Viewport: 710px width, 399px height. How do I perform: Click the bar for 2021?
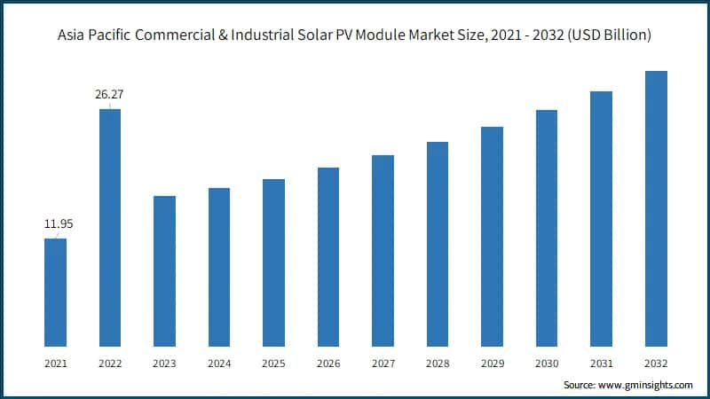(55, 292)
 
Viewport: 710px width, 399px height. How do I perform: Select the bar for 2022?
(110, 227)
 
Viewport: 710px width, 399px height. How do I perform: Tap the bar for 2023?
(164, 270)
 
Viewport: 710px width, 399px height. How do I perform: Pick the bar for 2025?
(273, 262)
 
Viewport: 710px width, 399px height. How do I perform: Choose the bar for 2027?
(383, 250)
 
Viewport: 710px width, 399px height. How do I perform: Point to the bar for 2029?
(492, 236)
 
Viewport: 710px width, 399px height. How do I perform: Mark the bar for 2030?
(547, 228)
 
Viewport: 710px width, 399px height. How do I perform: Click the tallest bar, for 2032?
(656, 208)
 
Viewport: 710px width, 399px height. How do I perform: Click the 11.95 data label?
(59, 225)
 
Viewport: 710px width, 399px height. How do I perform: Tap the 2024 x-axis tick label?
(219, 364)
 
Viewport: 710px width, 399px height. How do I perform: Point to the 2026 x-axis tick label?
(328, 364)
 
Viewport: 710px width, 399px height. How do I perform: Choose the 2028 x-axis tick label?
(438, 364)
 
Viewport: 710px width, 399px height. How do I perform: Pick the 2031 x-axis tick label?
(601, 364)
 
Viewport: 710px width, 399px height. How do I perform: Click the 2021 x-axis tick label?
(55, 364)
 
